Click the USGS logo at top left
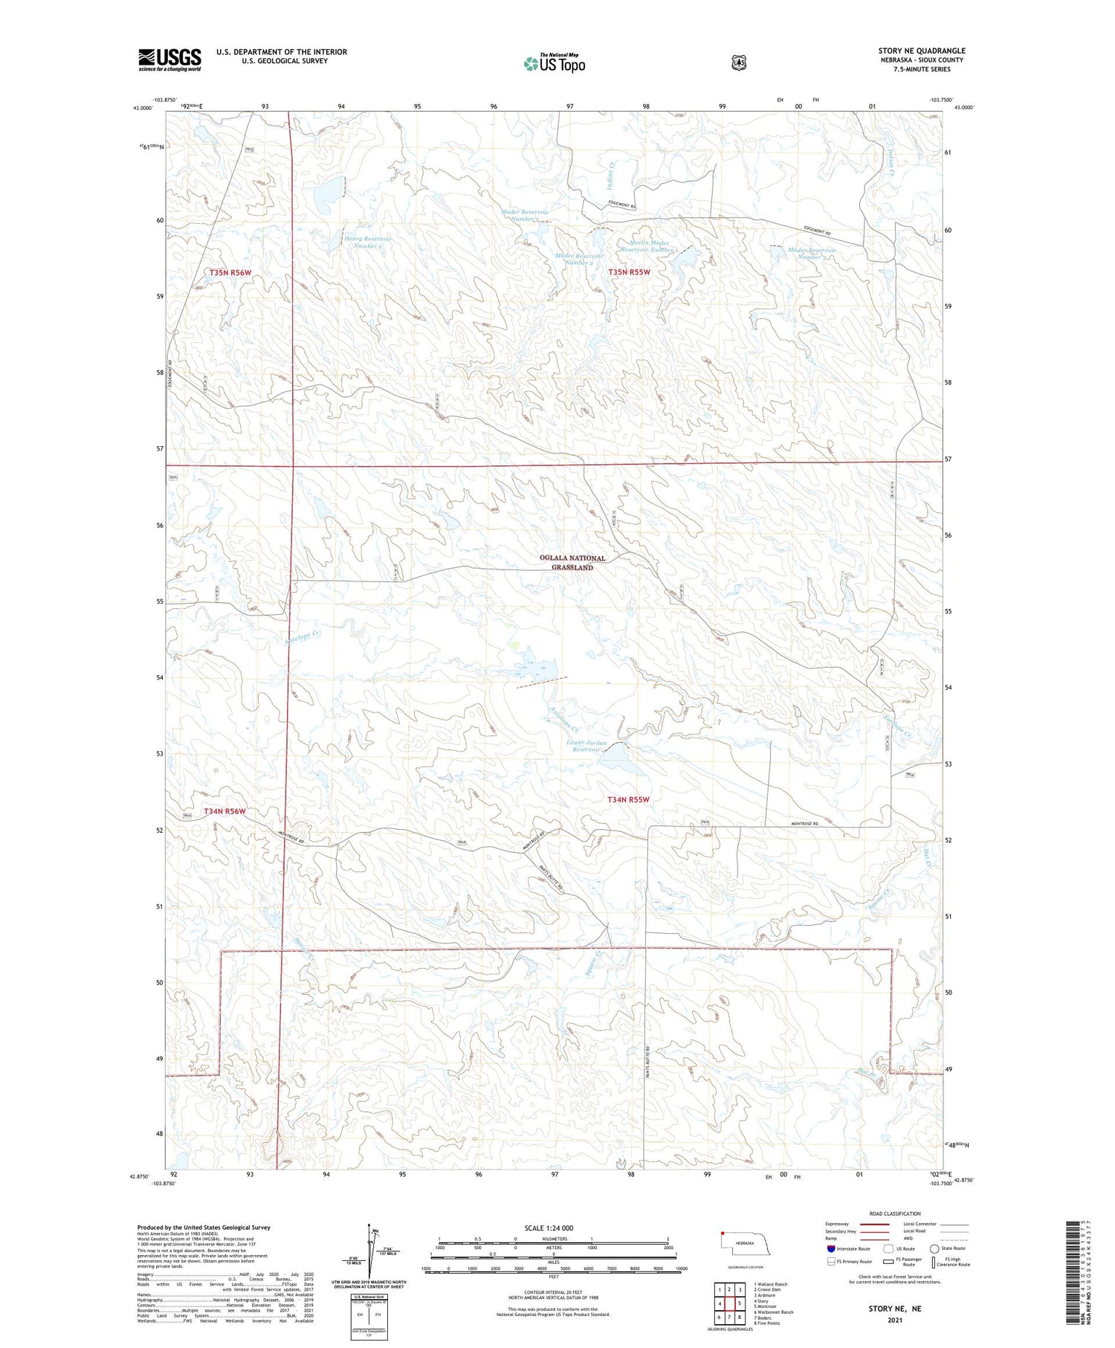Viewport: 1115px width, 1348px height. coord(169,59)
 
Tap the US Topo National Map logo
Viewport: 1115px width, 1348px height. coord(555,63)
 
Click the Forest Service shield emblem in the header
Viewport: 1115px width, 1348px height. coord(737,63)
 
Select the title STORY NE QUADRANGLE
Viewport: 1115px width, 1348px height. coord(922,51)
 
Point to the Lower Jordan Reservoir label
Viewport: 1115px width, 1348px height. coord(586,746)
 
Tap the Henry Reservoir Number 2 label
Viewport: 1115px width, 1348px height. coord(367,242)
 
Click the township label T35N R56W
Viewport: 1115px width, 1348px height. coord(230,273)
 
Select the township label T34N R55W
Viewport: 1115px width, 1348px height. coord(629,800)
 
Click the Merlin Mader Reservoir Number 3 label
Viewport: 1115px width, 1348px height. coord(649,247)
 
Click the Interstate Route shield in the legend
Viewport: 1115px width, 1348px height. coord(830,1248)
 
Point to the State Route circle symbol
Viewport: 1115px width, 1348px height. coord(934,1248)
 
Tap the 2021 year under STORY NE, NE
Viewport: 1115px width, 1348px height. coord(894,1320)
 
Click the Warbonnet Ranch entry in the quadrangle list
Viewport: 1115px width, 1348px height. coord(772,1312)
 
